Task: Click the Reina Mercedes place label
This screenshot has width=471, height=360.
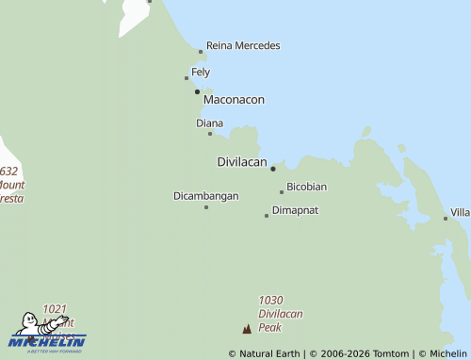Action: coord(243,45)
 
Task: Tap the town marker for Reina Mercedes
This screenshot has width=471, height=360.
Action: coord(201,52)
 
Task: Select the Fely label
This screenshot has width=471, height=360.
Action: coord(201,72)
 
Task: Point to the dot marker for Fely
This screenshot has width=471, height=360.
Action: coord(187,78)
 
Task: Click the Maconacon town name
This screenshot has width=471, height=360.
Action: coord(234,99)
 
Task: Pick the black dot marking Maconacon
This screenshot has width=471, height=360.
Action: coord(197,91)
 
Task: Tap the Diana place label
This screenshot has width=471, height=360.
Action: coord(209,123)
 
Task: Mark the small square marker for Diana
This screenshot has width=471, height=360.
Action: coord(210,134)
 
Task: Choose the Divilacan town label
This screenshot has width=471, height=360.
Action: coord(242,161)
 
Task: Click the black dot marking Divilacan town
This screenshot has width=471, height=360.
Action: coord(273,170)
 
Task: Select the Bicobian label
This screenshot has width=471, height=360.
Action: coord(307,187)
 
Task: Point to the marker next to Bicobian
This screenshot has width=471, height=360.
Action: coord(281,192)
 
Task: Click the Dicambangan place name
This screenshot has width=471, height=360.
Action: coord(206,196)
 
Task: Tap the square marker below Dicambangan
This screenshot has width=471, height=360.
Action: coord(206,206)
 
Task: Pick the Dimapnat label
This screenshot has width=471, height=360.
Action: coord(295,210)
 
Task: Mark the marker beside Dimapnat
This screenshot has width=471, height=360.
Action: coord(267,216)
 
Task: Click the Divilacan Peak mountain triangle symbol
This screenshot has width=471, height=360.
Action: coord(247,329)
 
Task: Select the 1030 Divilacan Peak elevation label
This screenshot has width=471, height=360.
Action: coord(270,314)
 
